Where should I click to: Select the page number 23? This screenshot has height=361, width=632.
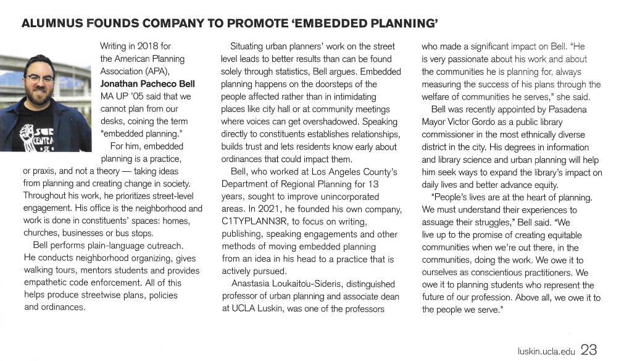tap(588, 350)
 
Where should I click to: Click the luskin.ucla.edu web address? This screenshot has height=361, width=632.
tap(546, 352)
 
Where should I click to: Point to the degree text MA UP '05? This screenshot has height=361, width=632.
tap(120, 96)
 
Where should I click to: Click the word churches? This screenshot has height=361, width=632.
tap(41, 233)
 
